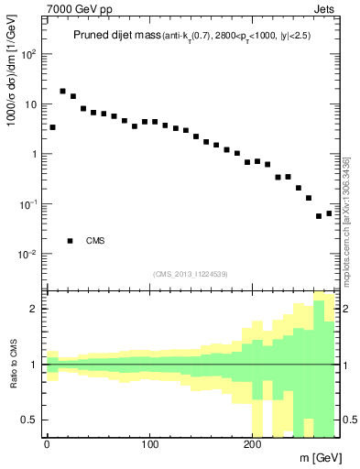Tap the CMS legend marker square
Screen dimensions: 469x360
pyautogui.click(x=70, y=241)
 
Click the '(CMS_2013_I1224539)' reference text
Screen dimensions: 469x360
pyautogui.click(x=190, y=273)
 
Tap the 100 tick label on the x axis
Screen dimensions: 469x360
pyautogui.click(x=148, y=444)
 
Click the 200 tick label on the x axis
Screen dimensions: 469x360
pyautogui.click(x=251, y=444)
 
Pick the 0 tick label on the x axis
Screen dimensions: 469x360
pyautogui.click(x=47, y=444)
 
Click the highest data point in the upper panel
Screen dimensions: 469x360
pyautogui.click(x=62, y=92)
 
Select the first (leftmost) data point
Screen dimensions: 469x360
pyautogui.click(x=52, y=127)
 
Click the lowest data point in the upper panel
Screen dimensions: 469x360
pyautogui.click(x=319, y=217)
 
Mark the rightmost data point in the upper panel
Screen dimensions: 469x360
pyautogui.click(x=329, y=213)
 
